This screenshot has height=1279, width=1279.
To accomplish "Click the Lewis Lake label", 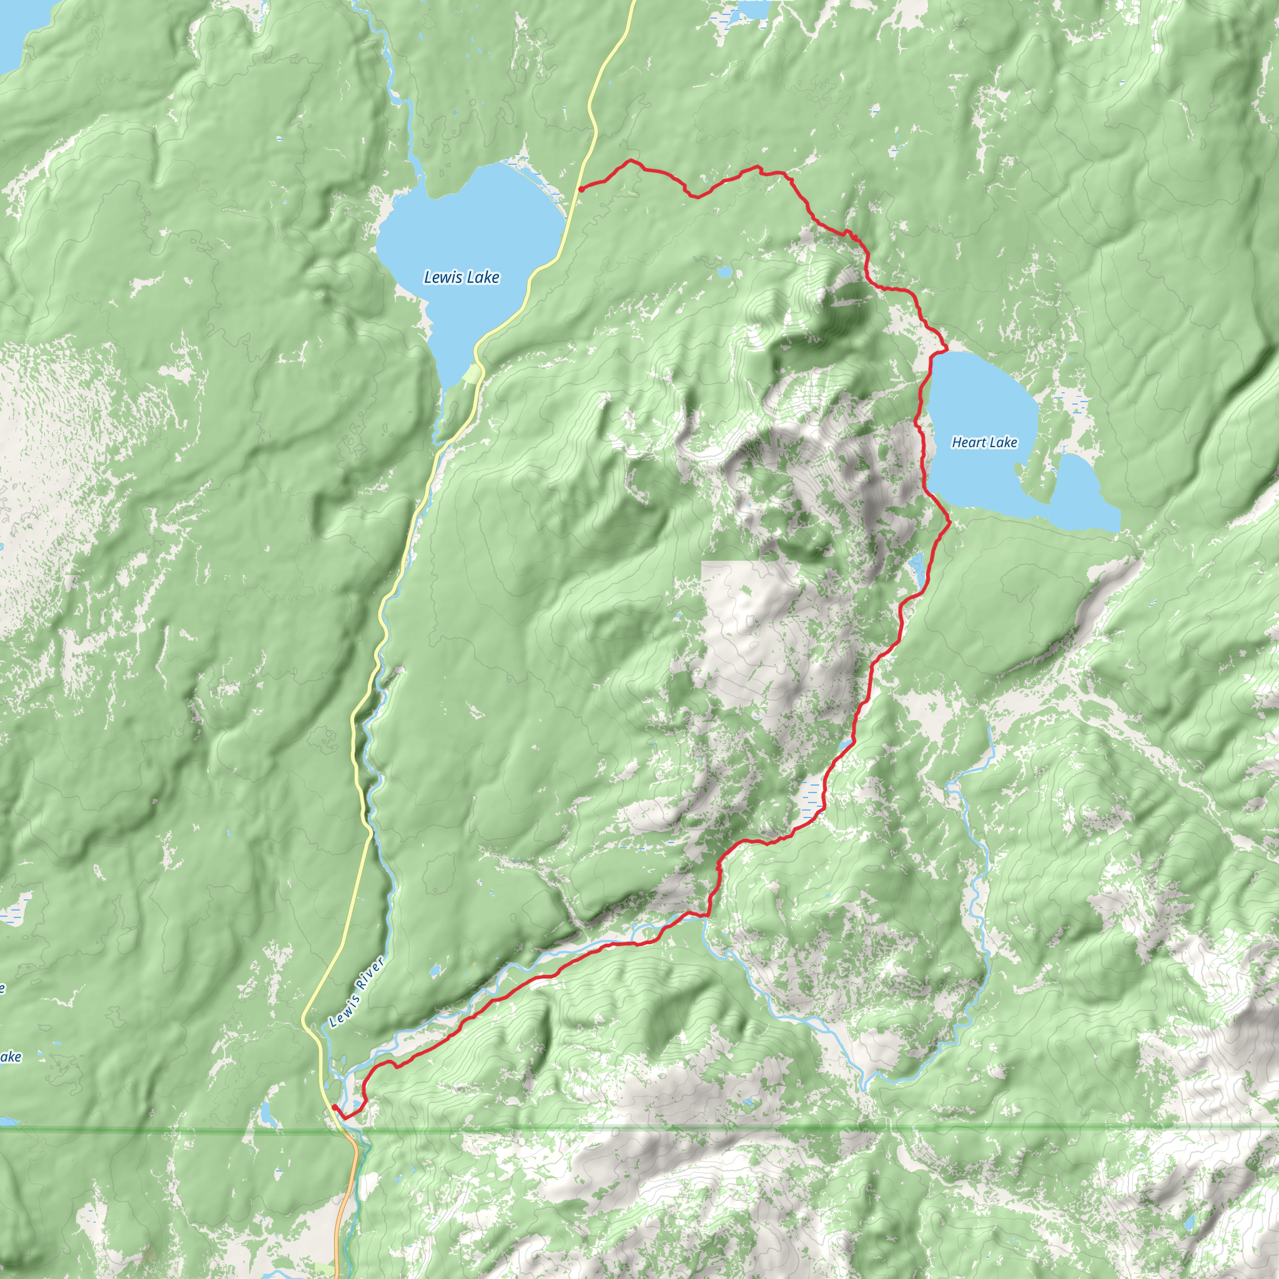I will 462,277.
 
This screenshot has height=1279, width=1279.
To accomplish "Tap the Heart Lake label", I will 984,442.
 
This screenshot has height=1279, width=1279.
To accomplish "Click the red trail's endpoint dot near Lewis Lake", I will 581,189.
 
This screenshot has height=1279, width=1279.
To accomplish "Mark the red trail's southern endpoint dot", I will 334,1107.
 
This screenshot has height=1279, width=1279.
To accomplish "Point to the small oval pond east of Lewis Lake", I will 724,272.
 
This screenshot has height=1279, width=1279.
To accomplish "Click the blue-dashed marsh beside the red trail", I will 811,793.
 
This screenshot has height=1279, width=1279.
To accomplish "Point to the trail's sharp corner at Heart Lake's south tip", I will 950,521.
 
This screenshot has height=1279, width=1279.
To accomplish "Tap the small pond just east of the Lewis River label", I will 435,972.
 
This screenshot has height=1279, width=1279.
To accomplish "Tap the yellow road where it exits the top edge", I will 632,4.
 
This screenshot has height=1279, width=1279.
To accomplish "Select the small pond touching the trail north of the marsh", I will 844,746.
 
